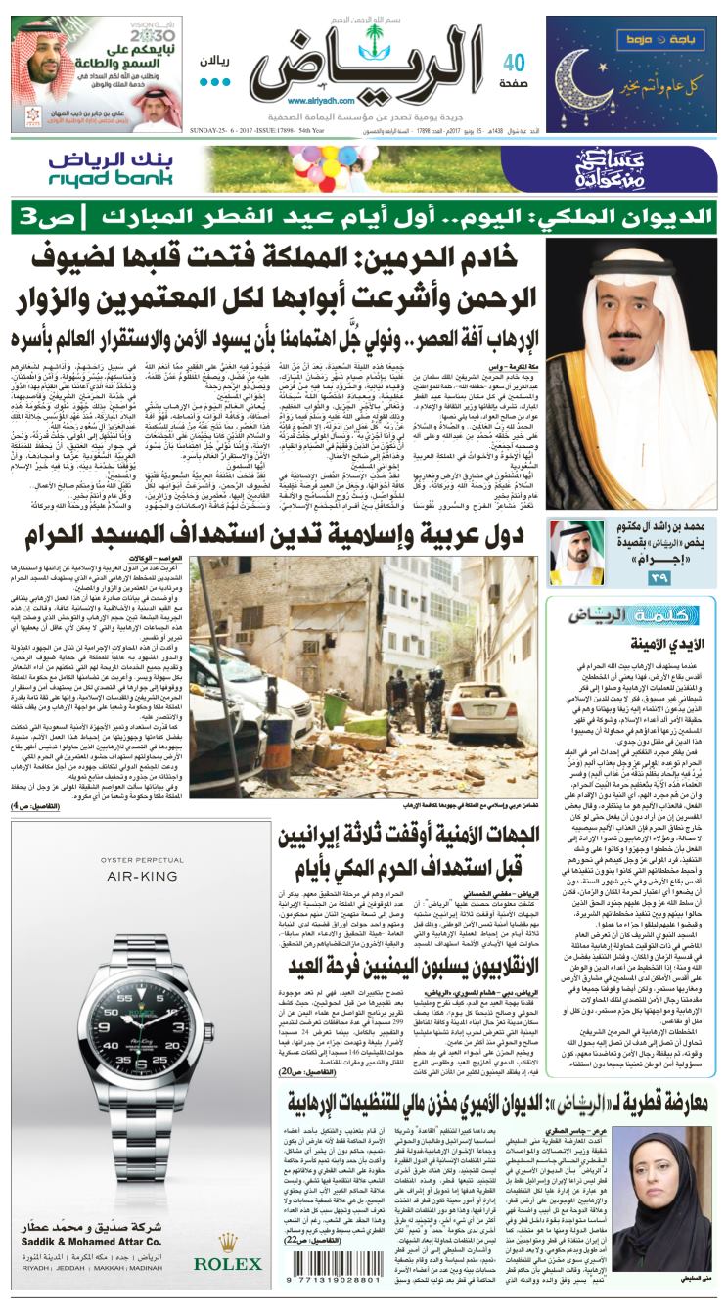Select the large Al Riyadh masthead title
coord(367,62)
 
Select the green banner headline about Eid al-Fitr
coord(362,214)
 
